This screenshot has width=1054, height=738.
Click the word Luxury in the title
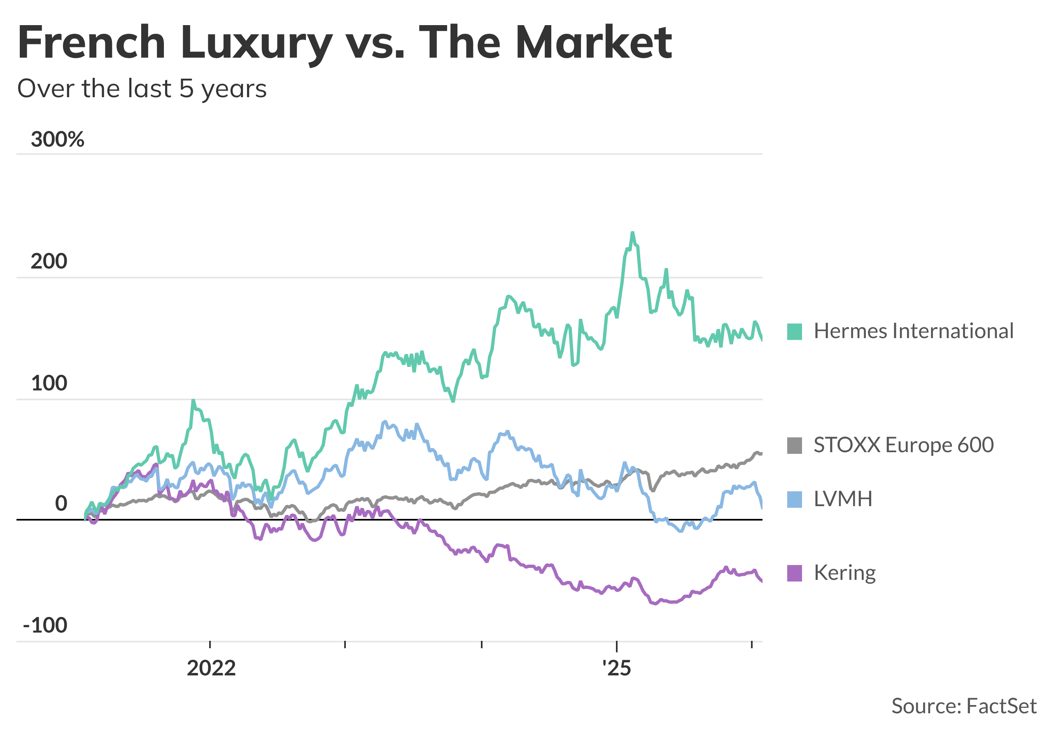click(256, 42)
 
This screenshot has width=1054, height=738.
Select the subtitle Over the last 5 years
click(142, 89)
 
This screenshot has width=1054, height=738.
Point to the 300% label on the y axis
click(57, 139)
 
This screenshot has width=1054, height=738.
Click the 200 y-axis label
click(49, 262)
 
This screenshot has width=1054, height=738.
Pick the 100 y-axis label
click(49, 383)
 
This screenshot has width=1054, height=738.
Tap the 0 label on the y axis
click(61, 503)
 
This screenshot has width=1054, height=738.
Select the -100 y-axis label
click(45, 625)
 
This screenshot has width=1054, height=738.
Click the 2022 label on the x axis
click(211, 668)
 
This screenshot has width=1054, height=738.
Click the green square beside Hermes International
click(795, 332)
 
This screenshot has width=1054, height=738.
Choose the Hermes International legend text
click(914, 331)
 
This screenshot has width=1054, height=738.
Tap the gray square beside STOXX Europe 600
click(795, 446)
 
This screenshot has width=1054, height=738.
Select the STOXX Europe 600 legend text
click(903, 445)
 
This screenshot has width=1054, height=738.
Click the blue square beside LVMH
click(795, 499)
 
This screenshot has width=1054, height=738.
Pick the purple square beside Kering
click(795, 573)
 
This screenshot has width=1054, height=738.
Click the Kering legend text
click(845, 573)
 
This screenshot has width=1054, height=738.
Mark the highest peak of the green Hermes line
click(632, 233)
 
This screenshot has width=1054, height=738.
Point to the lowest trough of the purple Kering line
click(655, 603)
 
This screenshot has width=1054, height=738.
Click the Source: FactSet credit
click(963, 706)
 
